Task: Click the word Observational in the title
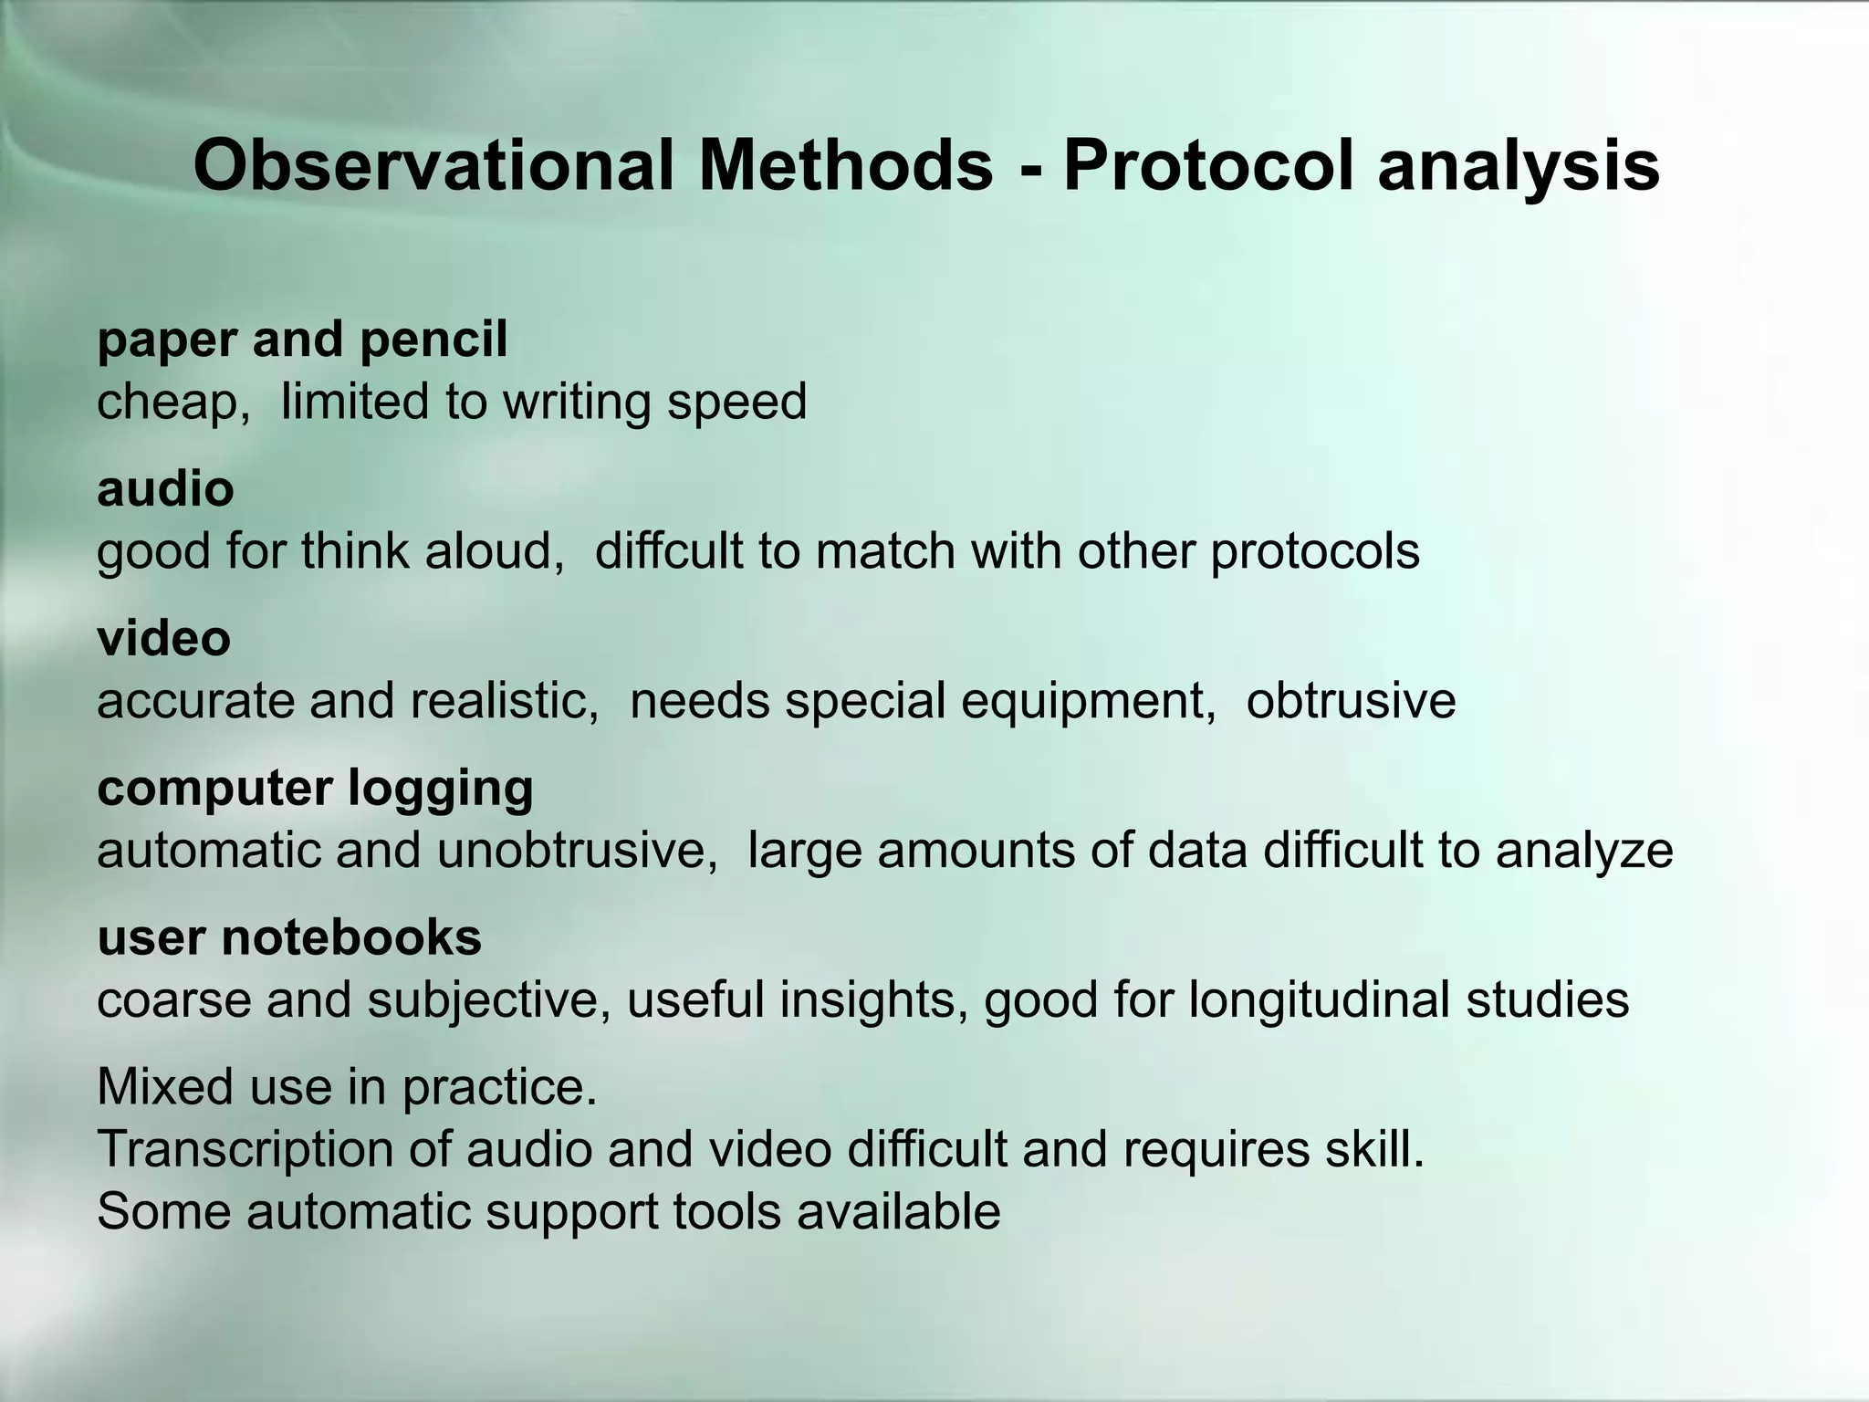click(x=433, y=166)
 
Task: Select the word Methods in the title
click(x=846, y=166)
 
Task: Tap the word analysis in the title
click(x=1518, y=166)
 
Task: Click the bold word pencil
click(x=433, y=340)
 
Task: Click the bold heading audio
click(x=165, y=489)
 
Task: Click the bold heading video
click(x=164, y=638)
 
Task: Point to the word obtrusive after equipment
click(x=1351, y=702)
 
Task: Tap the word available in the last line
click(x=898, y=1212)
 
